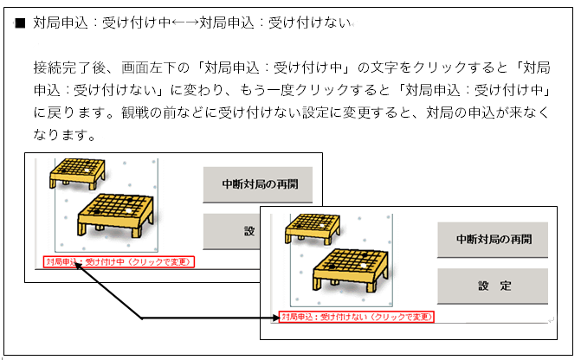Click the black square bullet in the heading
20,23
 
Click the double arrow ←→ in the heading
185,23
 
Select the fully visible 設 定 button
493,286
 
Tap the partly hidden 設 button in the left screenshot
231,231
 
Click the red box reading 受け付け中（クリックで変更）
119,262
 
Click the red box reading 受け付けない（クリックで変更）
356,317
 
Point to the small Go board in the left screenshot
77,174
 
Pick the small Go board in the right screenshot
313,228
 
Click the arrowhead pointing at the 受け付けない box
274,318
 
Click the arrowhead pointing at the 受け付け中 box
79,267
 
